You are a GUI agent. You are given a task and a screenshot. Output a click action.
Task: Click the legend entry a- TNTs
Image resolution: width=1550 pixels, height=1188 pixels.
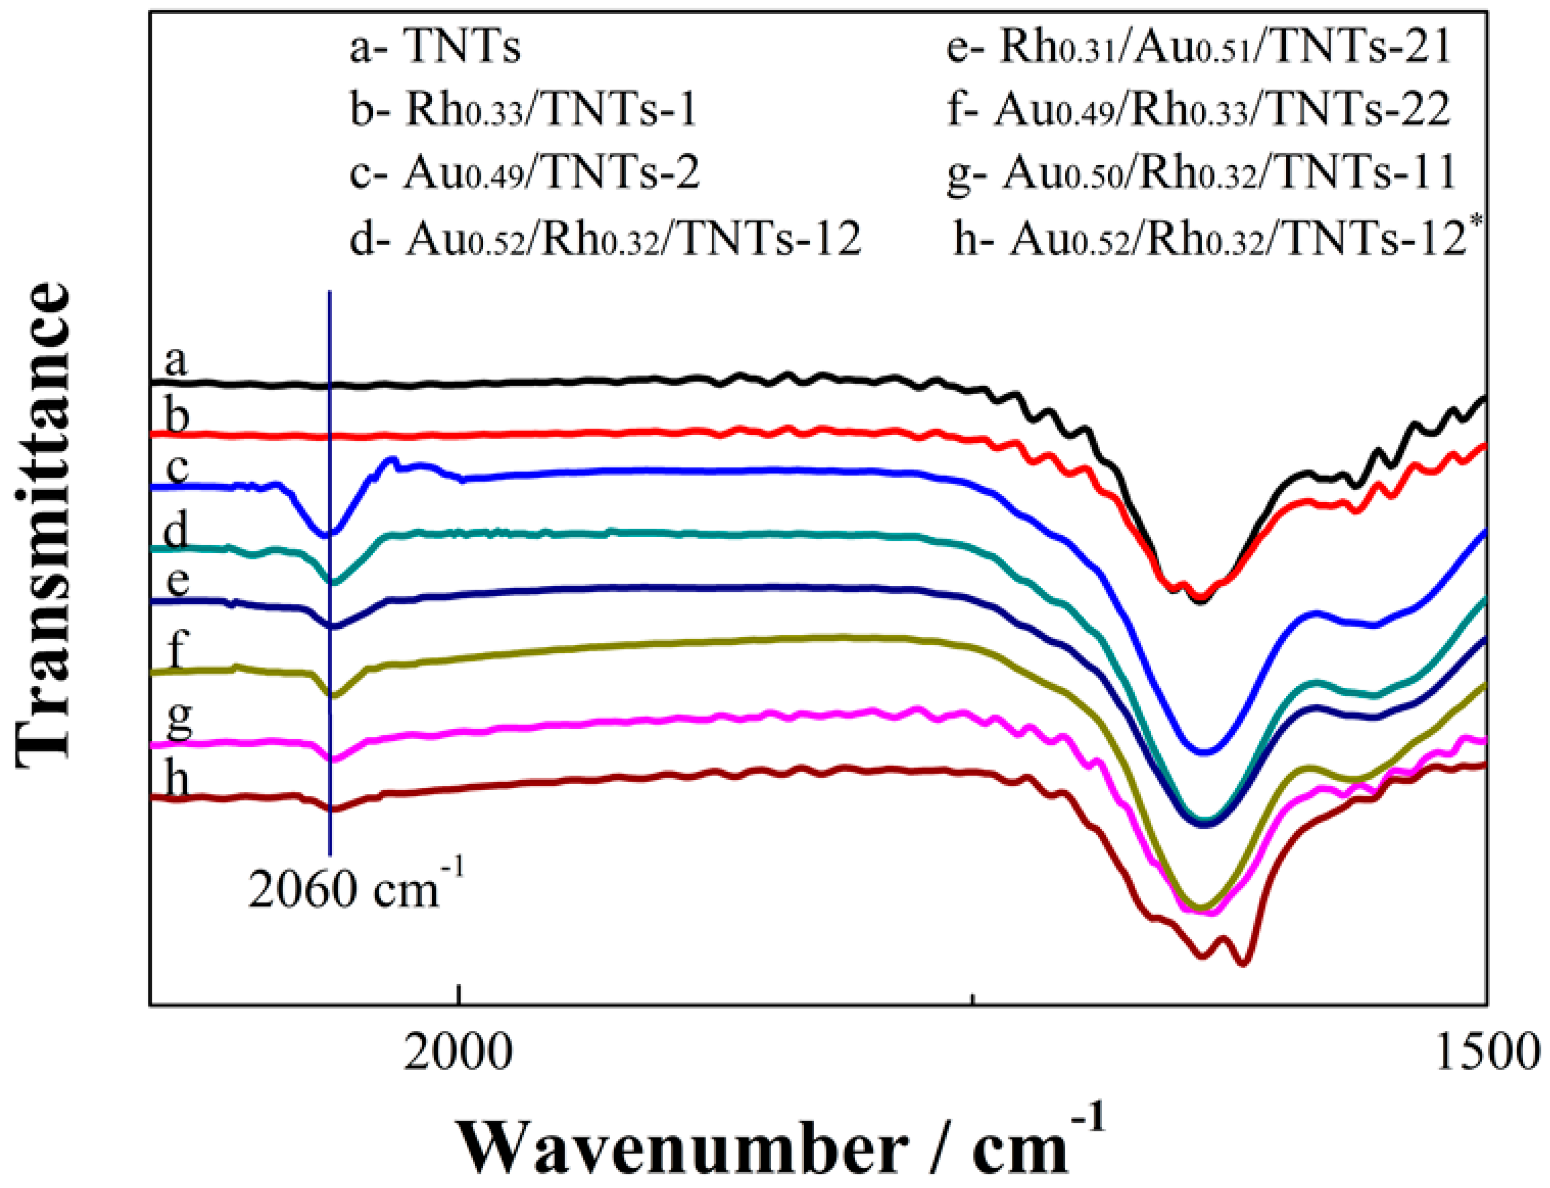(x=435, y=48)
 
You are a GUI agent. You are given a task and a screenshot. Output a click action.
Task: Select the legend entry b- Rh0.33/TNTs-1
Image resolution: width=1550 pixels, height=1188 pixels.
(x=523, y=110)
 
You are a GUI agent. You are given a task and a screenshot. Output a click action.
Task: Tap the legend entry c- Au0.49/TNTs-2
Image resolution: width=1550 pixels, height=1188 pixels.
(x=524, y=172)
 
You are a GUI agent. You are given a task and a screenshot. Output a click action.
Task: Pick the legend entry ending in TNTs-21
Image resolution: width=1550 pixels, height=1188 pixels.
(x=1198, y=48)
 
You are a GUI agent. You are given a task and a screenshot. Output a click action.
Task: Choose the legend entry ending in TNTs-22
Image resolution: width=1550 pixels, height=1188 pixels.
(x=1198, y=110)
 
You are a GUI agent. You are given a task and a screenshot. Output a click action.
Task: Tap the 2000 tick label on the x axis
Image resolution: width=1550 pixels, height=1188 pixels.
(x=458, y=1052)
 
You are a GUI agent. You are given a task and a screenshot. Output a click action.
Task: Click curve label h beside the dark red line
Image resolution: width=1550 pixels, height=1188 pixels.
(x=177, y=781)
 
